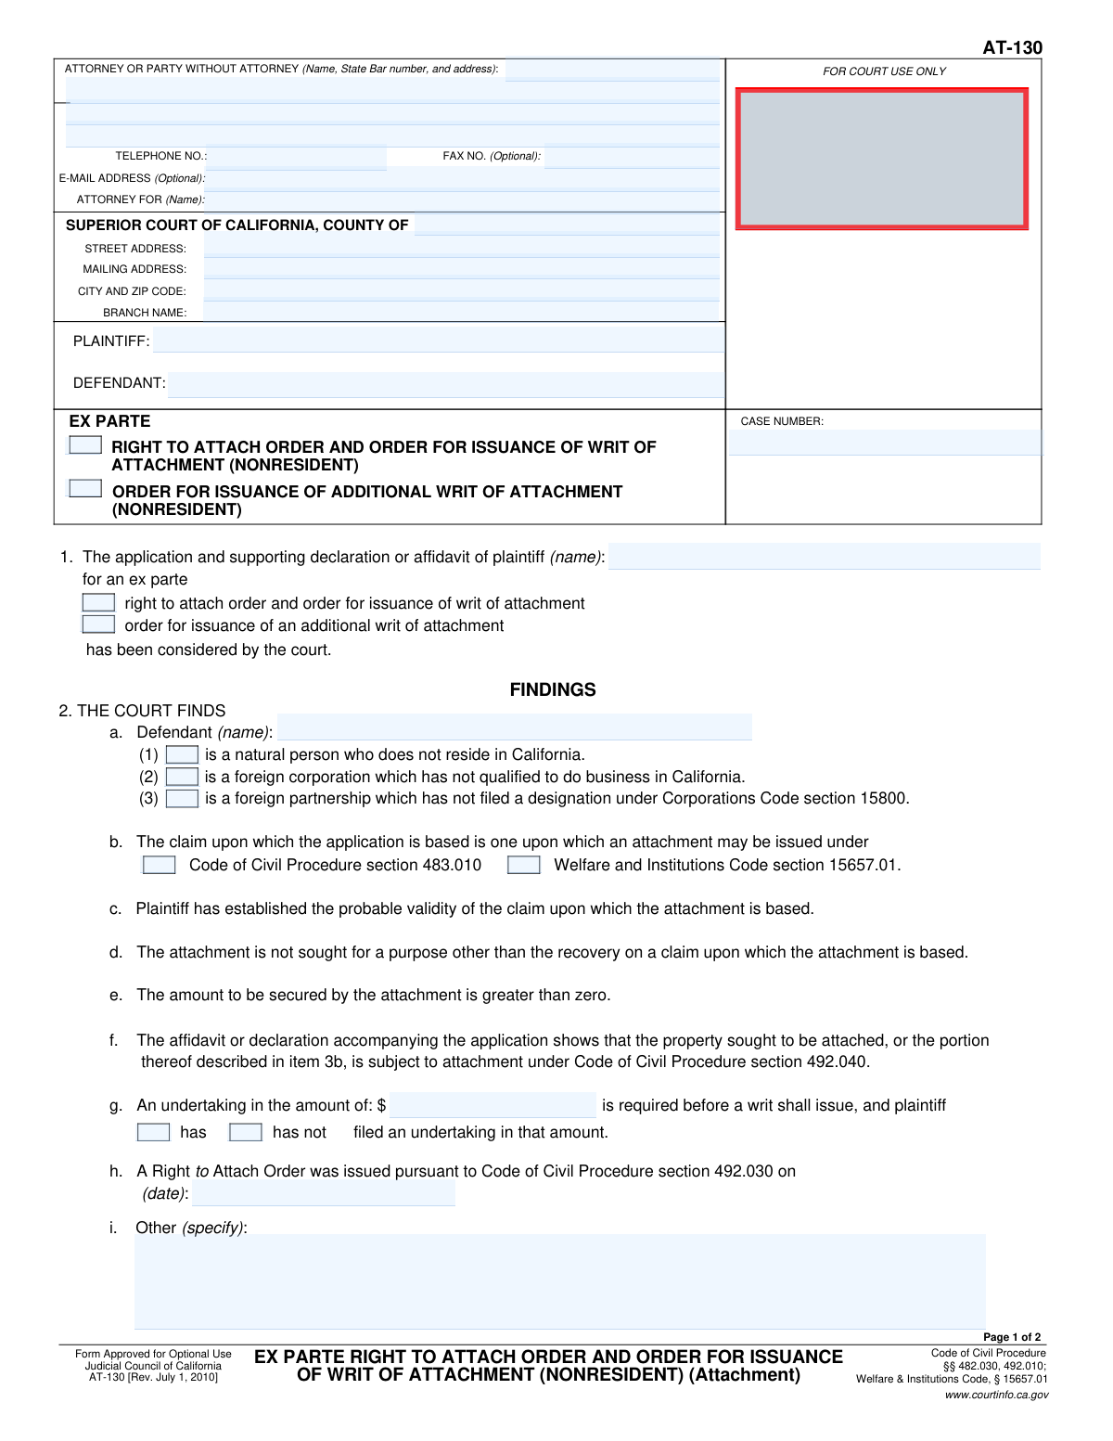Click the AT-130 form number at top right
[x=1012, y=47]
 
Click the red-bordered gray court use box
[x=882, y=159]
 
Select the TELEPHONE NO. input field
[x=297, y=157]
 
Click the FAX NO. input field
[x=631, y=157]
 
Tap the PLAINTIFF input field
[x=438, y=341]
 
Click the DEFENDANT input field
[x=445, y=383]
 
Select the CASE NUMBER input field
[x=884, y=443]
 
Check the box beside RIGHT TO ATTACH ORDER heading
[x=85, y=445]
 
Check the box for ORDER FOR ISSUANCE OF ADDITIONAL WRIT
[x=85, y=488]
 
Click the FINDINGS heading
[x=553, y=689]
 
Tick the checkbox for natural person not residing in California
[x=182, y=755]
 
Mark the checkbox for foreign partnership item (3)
[x=182, y=799]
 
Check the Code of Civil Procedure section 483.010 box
[x=159, y=865]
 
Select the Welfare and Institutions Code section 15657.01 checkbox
[x=524, y=865]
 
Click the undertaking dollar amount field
[x=493, y=1105]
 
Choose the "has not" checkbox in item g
[x=246, y=1132]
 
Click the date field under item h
[x=324, y=1193]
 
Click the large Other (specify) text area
[x=559, y=1281]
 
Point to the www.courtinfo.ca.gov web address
[x=996, y=1395]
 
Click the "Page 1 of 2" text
[x=1012, y=1337]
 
